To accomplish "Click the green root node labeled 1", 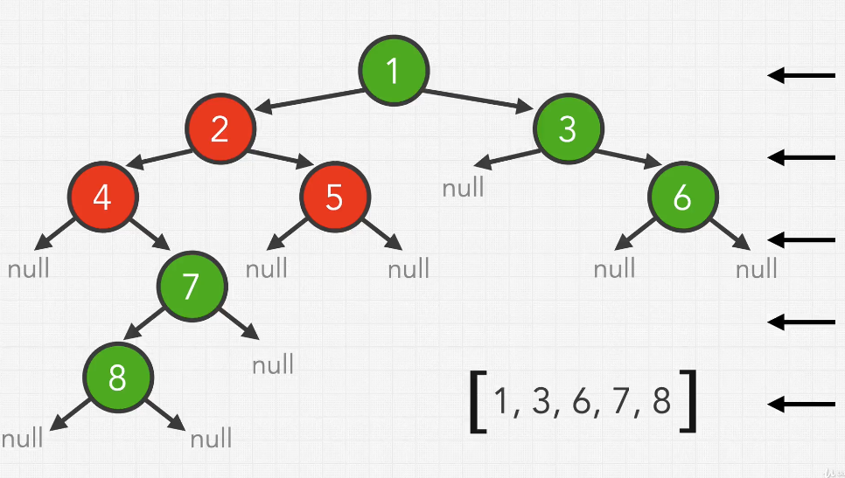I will (394, 71).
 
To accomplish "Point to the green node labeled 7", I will (191, 284).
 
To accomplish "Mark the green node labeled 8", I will (117, 378).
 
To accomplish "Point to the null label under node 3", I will (463, 187).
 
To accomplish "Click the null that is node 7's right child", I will (273, 364).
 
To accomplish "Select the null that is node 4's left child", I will (29, 268).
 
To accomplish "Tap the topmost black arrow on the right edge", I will (801, 75).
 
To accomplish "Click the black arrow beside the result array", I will (801, 404).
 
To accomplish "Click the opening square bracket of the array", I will (478, 402).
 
